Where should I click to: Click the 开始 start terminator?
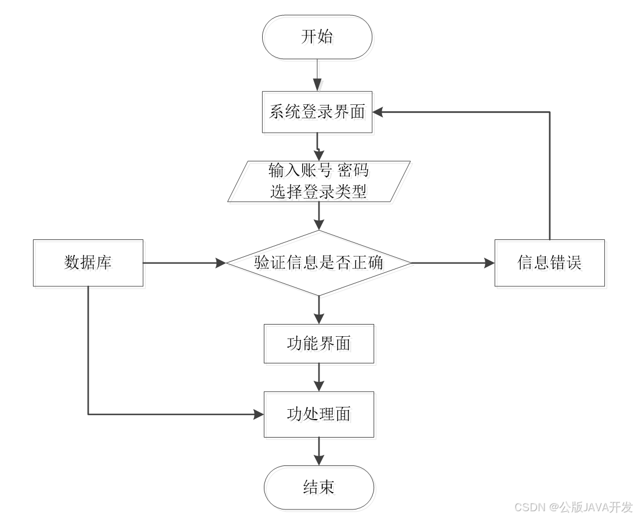pos(318,39)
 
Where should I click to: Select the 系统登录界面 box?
pos(318,114)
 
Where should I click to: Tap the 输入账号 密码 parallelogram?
pos(320,183)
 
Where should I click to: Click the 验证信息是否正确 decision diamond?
pos(320,264)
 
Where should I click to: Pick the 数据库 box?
pos(90,264)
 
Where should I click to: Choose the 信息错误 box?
pos(551,264)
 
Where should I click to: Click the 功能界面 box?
pos(320,345)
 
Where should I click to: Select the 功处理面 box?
pos(320,416)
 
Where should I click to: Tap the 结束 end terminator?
pos(320,490)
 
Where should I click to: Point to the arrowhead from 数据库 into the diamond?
pos(221,263)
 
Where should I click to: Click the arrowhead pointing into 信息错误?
pos(489,263)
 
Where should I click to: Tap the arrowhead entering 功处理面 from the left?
pos(259,414)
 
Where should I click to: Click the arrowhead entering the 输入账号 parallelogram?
pos(318,155)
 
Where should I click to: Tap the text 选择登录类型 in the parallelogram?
pos(320,194)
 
